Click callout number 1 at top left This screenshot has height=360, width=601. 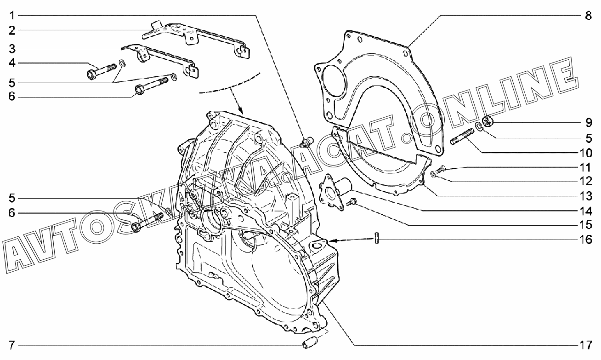tap(12, 15)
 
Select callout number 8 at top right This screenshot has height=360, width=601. tap(588, 16)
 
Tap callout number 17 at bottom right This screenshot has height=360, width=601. tap(585, 345)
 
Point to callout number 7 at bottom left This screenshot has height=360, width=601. tap(11, 345)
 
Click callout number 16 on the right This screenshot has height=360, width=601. tap(585, 240)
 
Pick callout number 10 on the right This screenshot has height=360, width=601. tap(585, 153)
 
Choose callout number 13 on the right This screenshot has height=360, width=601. tap(585, 196)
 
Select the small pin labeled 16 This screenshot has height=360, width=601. tap(377, 238)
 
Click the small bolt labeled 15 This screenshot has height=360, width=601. tap(351, 202)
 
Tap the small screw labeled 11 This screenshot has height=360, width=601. tap(441, 169)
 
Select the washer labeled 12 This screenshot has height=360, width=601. tap(432, 175)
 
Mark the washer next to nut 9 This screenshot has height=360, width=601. tap(478, 126)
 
